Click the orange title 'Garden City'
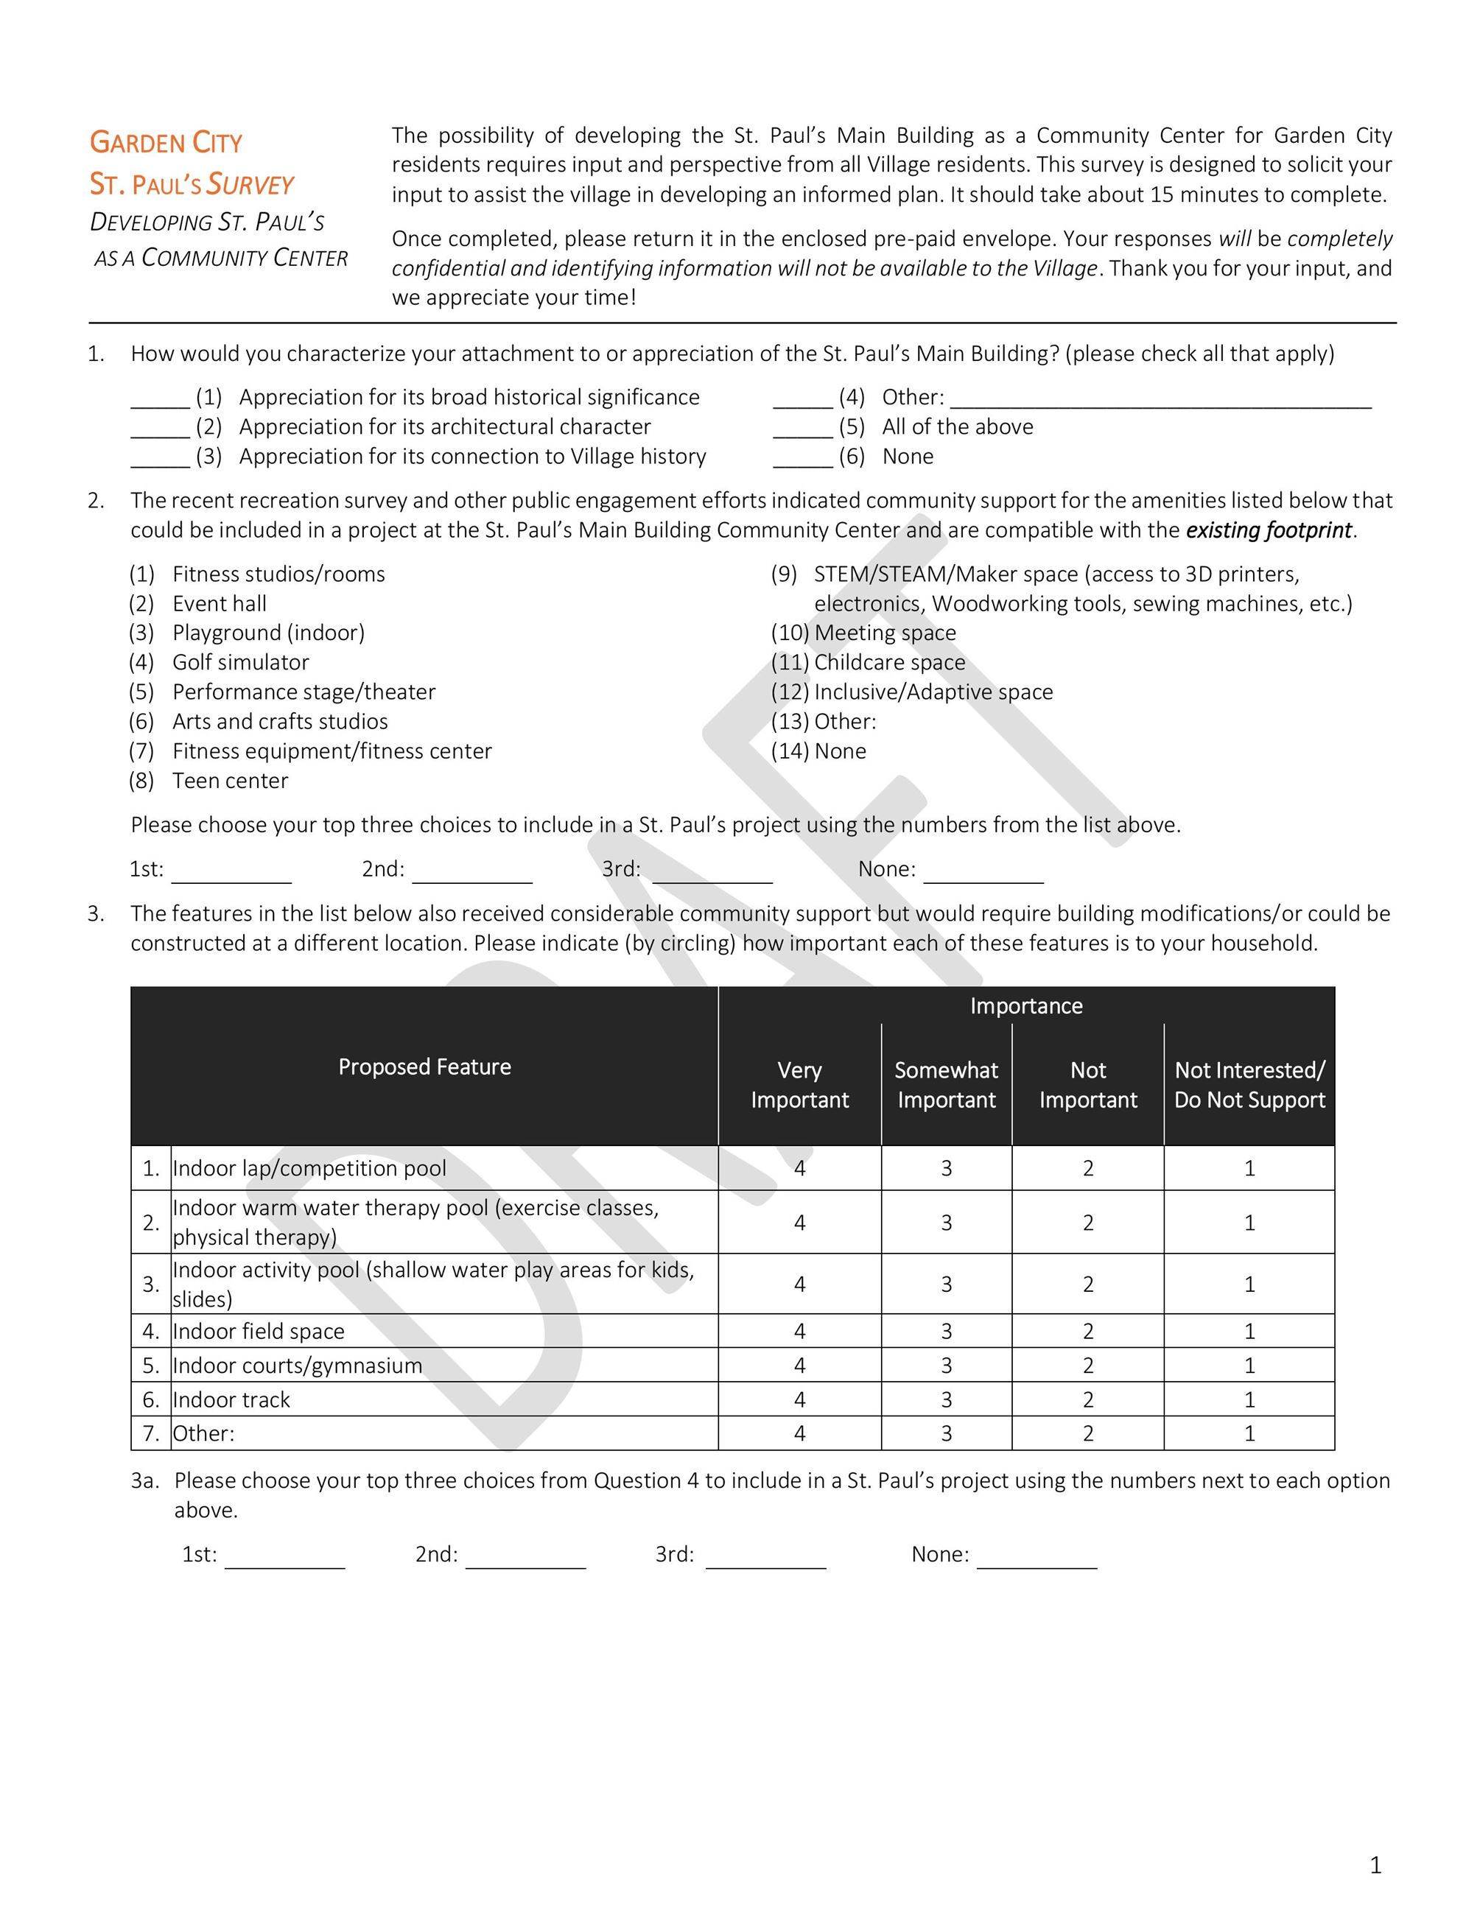tap(166, 142)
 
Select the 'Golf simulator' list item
tap(240, 662)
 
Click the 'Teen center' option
tap(230, 781)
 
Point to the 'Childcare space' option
tap(889, 662)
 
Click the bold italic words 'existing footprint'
tap(1268, 530)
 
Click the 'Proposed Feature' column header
tap(424, 1067)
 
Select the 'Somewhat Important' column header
tap(946, 1085)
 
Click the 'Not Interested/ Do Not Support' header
tap(1249, 1085)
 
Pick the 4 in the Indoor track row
tap(799, 1399)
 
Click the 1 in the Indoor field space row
tap(1249, 1331)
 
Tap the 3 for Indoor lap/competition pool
tap(946, 1168)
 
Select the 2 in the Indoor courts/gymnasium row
tap(1088, 1366)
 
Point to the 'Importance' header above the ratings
tap(1025, 1005)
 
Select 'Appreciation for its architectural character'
tap(444, 427)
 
